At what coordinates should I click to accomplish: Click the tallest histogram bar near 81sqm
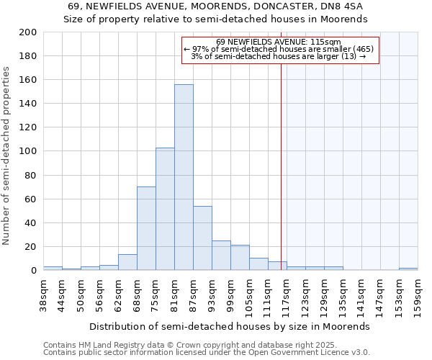pos(184,177)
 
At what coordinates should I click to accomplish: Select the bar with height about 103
pos(165,209)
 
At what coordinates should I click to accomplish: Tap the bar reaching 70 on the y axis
pos(146,228)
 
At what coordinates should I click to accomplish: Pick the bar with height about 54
pos(202,238)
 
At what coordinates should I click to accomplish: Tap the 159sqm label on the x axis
pos(418,295)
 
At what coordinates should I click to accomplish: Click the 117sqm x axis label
pos(287,295)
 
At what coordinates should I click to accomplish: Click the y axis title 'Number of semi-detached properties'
pos(6,156)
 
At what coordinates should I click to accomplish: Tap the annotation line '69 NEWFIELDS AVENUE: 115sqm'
pos(278,42)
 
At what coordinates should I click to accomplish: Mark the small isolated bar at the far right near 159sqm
pos(408,269)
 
